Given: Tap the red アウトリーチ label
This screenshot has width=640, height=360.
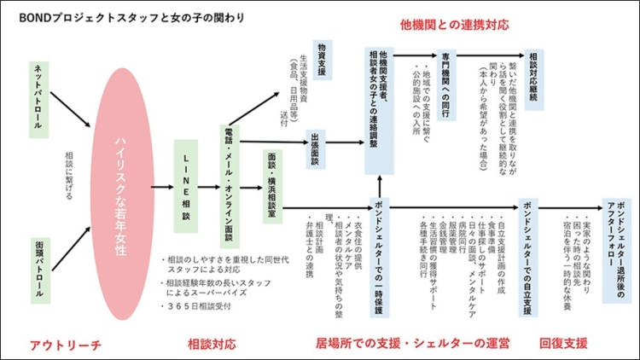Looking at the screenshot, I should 65,345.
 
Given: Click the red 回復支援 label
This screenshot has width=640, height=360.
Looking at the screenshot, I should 563,345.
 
